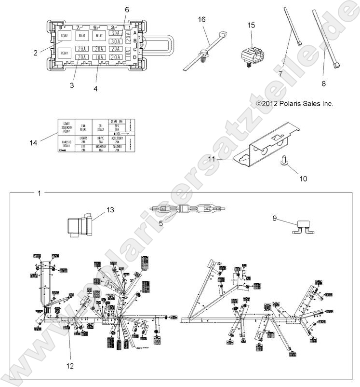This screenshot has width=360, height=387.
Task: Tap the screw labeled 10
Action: pos(284,165)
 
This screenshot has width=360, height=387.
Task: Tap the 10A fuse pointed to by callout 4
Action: pos(99,57)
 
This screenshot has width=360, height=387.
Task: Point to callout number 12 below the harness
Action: pos(70,366)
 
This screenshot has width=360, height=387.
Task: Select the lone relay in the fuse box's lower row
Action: pos(65,52)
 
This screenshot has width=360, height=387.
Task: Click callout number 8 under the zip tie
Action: pos(323,83)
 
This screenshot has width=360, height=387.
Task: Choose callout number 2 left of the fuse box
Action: pos(36,53)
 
